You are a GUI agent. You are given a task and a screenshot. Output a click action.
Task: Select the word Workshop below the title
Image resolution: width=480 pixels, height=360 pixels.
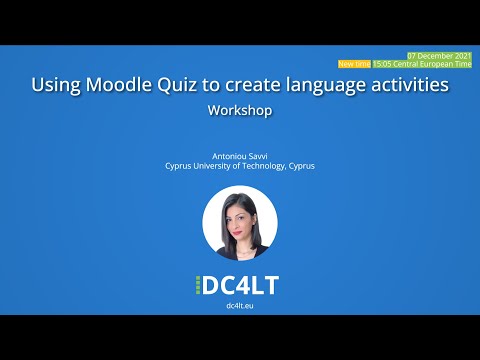tap(240, 111)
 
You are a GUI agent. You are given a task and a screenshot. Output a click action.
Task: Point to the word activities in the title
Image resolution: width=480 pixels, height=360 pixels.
tap(407, 86)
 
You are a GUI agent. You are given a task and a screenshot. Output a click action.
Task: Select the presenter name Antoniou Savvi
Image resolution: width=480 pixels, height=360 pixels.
tap(240, 156)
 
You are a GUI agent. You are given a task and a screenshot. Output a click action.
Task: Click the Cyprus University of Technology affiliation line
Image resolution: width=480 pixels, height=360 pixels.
tap(240, 166)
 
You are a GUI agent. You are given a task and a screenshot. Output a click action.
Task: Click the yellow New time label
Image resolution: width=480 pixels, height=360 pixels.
tap(353, 63)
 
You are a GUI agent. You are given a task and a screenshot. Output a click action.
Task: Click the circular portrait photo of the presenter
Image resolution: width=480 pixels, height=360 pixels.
tap(240, 223)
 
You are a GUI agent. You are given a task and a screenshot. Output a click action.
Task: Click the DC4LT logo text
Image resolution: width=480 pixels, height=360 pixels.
tap(240, 284)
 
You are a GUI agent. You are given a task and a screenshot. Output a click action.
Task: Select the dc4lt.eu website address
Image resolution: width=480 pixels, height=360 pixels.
tap(240, 304)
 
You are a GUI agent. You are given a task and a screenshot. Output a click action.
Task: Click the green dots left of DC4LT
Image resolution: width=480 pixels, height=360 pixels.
tap(197, 285)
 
